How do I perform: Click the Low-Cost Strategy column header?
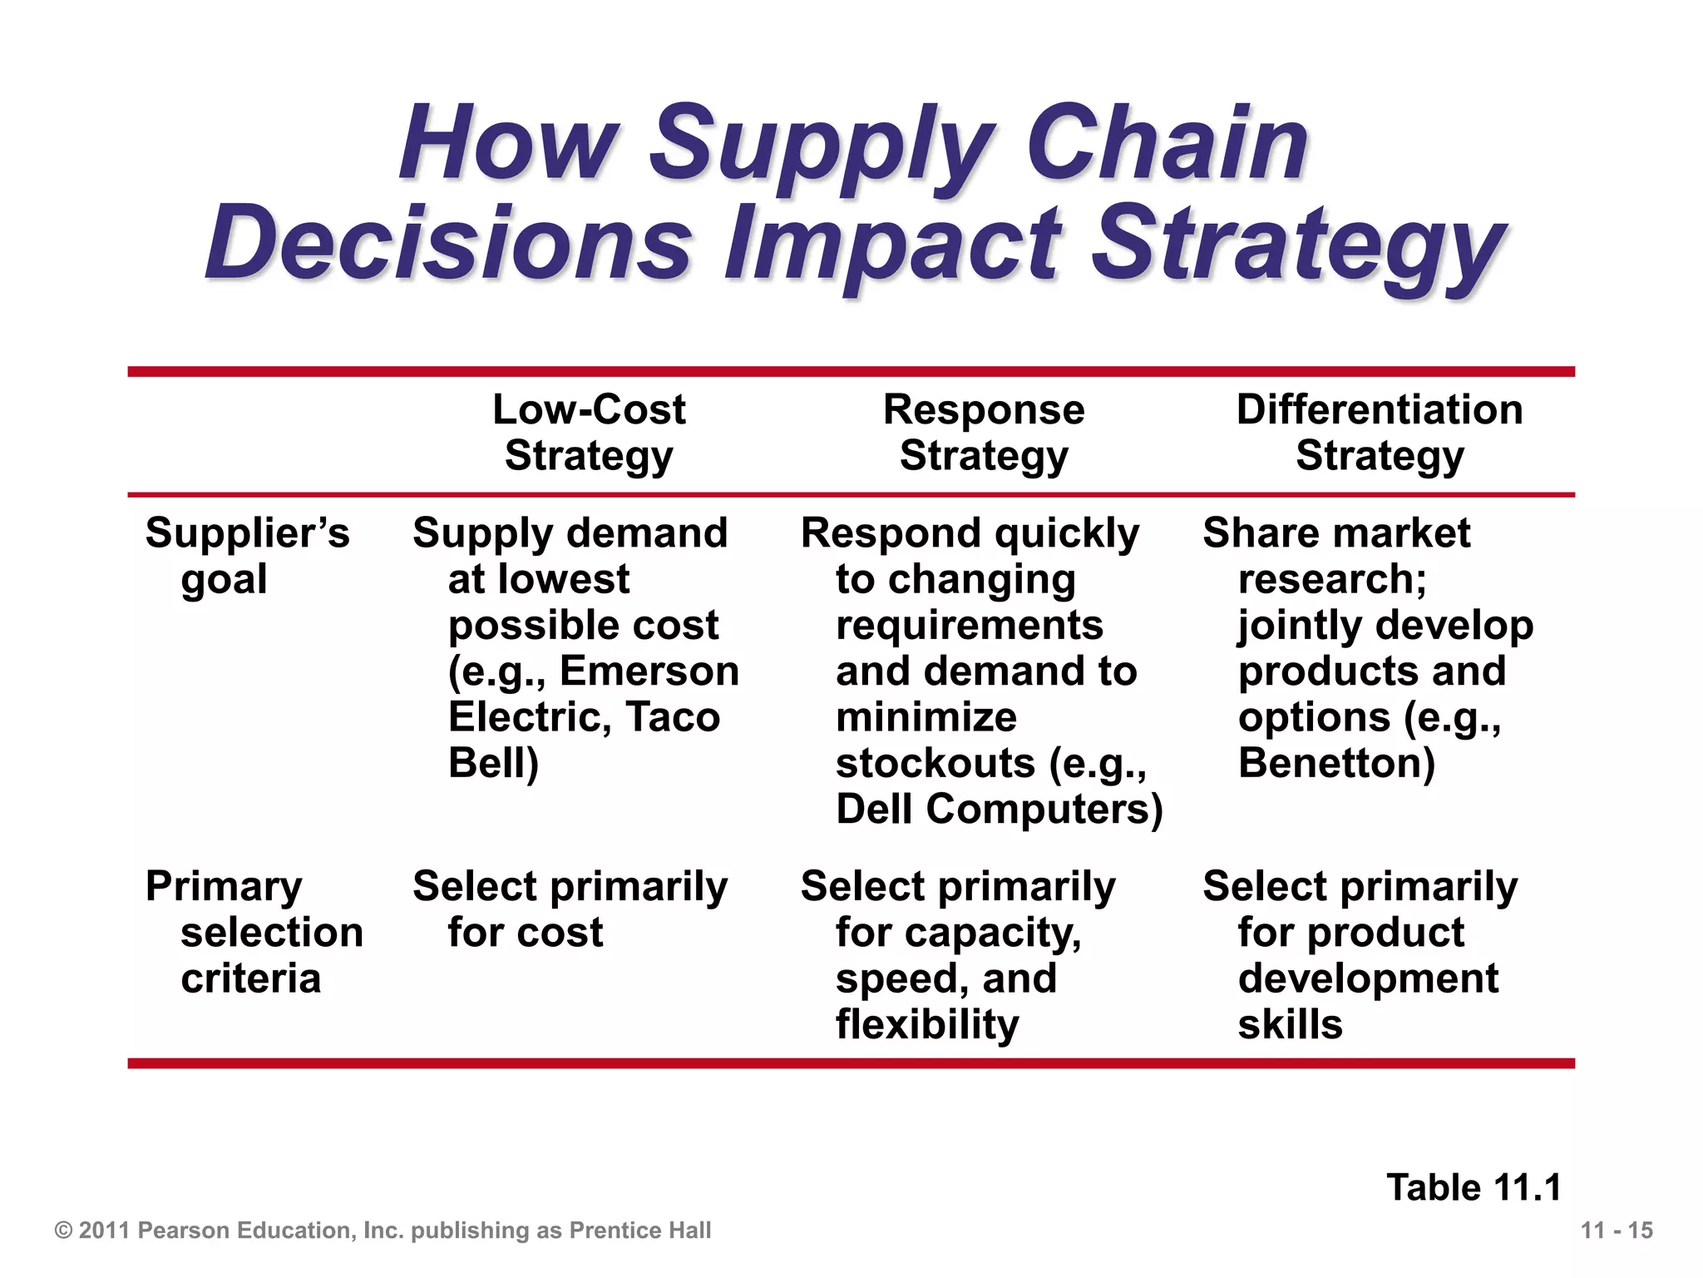589,433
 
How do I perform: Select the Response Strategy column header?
984,433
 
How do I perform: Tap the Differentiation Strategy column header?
1380,433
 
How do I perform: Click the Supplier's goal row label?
247,555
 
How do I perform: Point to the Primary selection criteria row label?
254,932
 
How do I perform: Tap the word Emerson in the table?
649,671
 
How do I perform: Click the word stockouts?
935,763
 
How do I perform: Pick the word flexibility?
927,1024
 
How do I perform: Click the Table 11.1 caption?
1473,1187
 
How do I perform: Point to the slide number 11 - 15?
1617,1231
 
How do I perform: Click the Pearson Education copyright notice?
383,1231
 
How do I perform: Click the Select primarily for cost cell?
570,909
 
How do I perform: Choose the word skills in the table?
1290,1024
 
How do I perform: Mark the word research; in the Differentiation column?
1332,578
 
